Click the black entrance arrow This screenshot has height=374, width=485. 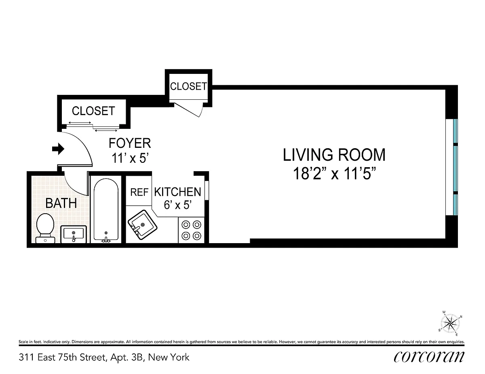(x=58, y=149)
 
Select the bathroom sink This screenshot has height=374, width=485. (x=74, y=234)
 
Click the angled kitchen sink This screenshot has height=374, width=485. (x=142, y=225)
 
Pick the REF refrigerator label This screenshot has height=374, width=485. (x=139, y=192)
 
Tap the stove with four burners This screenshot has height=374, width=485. (x=191, y=230)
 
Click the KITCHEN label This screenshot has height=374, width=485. (x=178, y=192)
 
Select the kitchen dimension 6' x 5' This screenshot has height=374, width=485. (x=178, y=205)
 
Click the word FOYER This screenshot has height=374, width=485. (x=130, y=143)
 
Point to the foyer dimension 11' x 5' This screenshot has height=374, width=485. (x=130, y=158)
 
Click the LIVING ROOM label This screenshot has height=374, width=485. (x=334, y=155)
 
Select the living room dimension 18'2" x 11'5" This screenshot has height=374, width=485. (x=334, y=174)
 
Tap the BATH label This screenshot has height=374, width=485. (x=61, y=203)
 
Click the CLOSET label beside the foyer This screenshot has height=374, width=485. (x=93, y=111)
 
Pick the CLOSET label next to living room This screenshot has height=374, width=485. (x=189, y=86)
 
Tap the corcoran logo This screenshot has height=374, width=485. (x=429, y=357)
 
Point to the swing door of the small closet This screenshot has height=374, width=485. (x=188, y=109)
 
